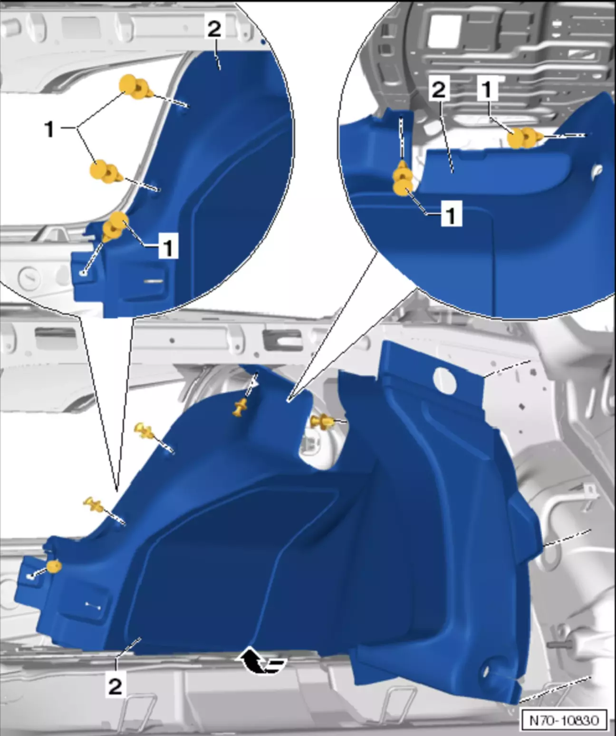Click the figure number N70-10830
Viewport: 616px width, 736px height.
[x=564, y=719]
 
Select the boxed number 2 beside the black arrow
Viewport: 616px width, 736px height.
[x=115, y=687]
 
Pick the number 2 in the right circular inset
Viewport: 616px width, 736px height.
[x=439, y=90]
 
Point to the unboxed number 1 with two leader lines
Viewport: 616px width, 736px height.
[x=49, y=129]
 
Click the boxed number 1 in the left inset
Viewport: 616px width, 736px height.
[x=168, y=246]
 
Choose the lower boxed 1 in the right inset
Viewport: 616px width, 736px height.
[x=451, y=214]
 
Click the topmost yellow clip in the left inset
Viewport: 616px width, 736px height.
[x=136, y=87]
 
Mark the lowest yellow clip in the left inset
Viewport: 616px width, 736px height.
[x=115, y=226]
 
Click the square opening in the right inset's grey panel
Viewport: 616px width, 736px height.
[x=443, y=29]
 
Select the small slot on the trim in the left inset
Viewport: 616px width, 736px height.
[x=154, y=281]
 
